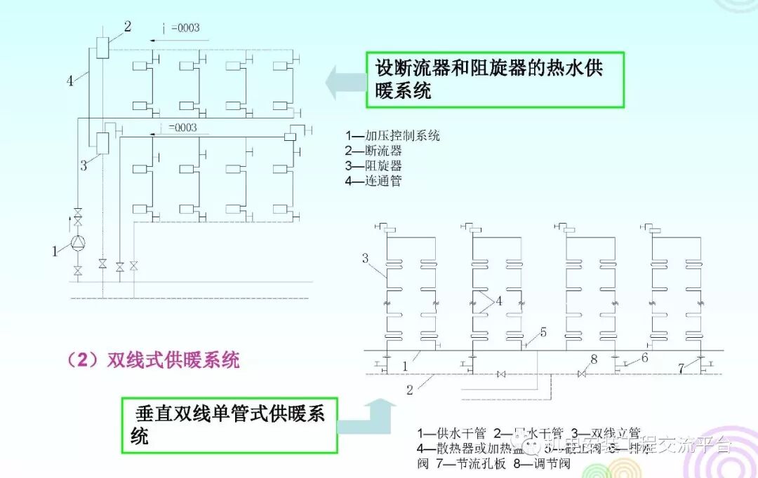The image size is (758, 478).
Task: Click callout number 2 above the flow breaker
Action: tap(127, 27)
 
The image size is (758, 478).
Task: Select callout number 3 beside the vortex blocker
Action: tap(84, 165)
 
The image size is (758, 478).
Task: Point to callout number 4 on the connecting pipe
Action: tap(69, 81)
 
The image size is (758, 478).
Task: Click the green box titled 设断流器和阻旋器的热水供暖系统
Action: tap(494, 78)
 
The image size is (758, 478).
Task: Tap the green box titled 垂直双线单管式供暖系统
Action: tap(227, 424)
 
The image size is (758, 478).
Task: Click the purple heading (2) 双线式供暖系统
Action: tap(154, 361)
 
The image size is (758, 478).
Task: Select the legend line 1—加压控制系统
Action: tap(392, 136)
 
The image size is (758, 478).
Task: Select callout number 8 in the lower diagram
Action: tap(594, 360)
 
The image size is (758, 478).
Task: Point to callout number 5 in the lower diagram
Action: tap(543, 332)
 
